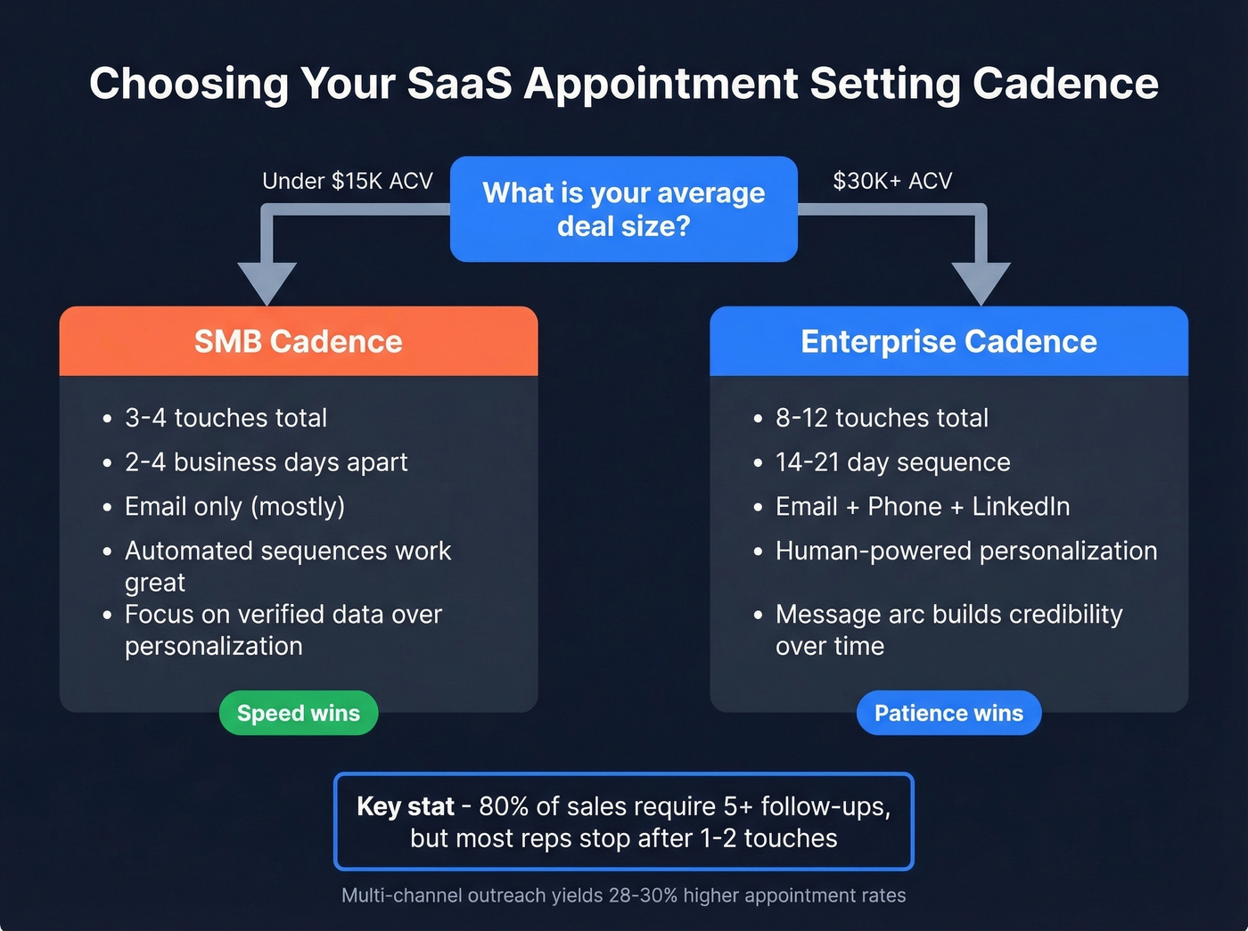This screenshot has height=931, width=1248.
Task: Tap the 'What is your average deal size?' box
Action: pos(623,209)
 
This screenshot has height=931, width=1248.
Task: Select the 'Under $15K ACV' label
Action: pos(347,181)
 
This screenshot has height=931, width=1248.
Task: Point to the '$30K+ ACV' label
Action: pos(892,181)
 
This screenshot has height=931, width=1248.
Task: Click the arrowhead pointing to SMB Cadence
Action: pos(267,283)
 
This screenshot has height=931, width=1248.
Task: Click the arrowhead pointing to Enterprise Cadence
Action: pos(981,283)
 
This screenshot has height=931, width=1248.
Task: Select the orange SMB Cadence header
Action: pos(299,341)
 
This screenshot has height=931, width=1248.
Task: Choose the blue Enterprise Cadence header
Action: pos(948,341)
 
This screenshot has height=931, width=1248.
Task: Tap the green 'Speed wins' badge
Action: pos(299,713)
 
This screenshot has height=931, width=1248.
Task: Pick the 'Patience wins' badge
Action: pos(948,713)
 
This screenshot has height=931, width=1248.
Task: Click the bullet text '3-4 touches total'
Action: pos(226,418)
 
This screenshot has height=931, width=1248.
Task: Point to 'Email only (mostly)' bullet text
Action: pos(234,506)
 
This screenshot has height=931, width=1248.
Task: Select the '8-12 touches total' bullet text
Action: pos(882,418)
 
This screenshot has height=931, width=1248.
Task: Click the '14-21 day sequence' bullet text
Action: pos(892,462)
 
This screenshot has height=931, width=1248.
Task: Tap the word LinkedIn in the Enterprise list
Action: pos(1021,506)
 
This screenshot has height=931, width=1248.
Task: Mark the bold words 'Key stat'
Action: pos(405,806)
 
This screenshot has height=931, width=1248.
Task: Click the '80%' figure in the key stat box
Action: pos(504,806)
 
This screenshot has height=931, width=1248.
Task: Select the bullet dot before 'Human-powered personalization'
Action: pos(758,552)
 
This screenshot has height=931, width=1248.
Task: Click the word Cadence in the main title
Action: pos(1065,84)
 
